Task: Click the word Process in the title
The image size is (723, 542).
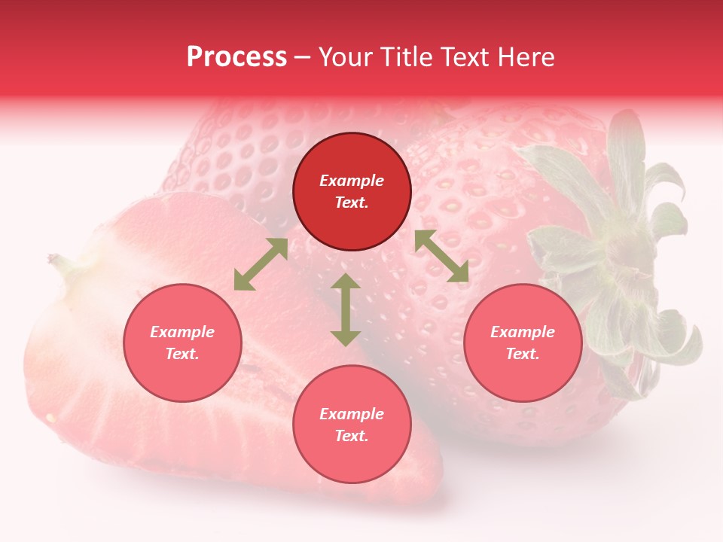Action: click(236, 57)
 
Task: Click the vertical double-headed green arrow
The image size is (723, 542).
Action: click(346, 309)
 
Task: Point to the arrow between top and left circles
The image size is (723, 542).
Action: click(261, 264)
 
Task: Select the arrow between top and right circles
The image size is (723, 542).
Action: click(442, 256)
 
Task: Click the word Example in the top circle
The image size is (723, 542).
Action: click(352, 181)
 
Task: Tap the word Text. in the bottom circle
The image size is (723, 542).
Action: click(352, 436)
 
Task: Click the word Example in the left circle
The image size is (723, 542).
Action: click(182, 332)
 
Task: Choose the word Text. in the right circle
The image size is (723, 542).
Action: click(523, 354)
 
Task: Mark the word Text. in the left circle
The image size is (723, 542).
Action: click(182, 354)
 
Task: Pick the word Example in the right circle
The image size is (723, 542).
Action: click(523, 332)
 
